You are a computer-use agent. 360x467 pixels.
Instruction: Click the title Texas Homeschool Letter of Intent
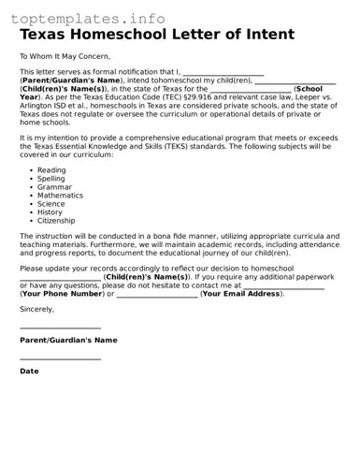tap(157, 35)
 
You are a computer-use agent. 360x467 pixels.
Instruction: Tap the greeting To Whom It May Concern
tap(63, 56)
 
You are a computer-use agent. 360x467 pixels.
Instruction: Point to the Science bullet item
tap(51, 203)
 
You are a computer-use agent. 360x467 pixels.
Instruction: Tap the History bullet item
tap(50, 212)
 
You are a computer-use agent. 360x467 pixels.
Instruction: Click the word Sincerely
tap(36, 308)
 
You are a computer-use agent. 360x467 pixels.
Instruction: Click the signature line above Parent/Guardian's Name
tap(60, 328)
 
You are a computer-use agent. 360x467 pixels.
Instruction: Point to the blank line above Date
tap(60, 358)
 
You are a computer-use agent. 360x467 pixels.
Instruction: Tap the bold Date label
tap(29, 371)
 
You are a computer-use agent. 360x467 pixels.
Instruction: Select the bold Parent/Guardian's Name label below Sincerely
tap(68, 340)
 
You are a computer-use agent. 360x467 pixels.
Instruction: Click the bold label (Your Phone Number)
tap(62, 294)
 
